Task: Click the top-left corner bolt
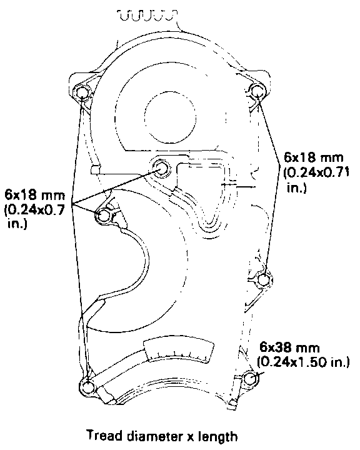[82, 94]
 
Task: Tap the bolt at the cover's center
[160, 168]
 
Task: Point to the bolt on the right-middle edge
[263, 280]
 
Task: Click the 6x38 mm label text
[289, 347]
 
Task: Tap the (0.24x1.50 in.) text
[303, 362]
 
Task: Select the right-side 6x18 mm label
[314, 157]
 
